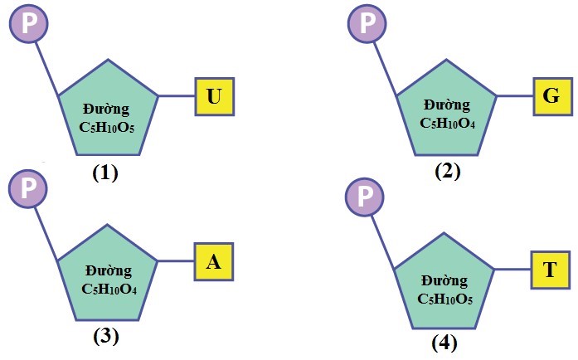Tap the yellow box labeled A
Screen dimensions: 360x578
click(x=214, y=263)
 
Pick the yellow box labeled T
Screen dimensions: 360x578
click(x=550, y=270)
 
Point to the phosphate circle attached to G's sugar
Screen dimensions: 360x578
click(x=367, y=23)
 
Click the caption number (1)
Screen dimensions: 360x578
click(x=106, y=173)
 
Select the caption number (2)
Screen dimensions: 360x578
click(x=447, y=172)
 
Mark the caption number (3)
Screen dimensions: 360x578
click(x=106, y=336)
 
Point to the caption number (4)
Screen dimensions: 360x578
click(x=444, y=342)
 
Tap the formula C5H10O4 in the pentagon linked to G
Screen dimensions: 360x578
click(x=447, y=124)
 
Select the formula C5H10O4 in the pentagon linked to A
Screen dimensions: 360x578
click(x=109, y=289)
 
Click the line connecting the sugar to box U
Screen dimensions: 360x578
click(x=177, y=96)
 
